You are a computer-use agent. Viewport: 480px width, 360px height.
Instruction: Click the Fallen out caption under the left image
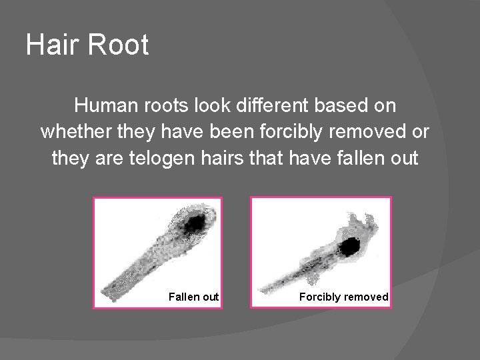193,297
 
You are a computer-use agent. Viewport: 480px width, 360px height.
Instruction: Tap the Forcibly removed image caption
343,297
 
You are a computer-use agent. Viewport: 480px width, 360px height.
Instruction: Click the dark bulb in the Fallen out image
195,223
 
